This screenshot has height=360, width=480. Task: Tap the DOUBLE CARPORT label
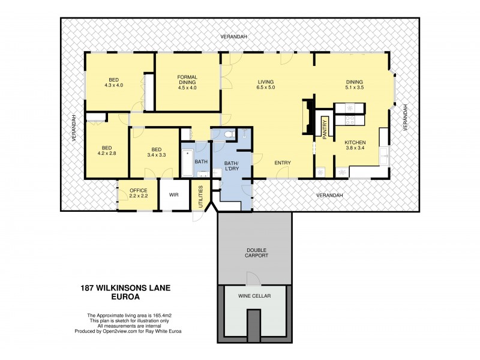coord(256,253)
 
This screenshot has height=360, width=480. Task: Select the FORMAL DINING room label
coord(187,82)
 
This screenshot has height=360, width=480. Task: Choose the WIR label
coord(174,195)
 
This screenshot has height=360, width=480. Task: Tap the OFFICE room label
coord(138,194)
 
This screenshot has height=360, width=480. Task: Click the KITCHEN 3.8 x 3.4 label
coord(355,145)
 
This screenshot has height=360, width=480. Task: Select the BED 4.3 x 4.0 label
coord(113,83)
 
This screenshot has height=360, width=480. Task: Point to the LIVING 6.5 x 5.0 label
coord(266,85)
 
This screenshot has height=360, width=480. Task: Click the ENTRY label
coord(283,163)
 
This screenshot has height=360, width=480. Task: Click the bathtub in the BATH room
coord(187,160)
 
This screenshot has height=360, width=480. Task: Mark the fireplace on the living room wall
coord(308,117)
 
